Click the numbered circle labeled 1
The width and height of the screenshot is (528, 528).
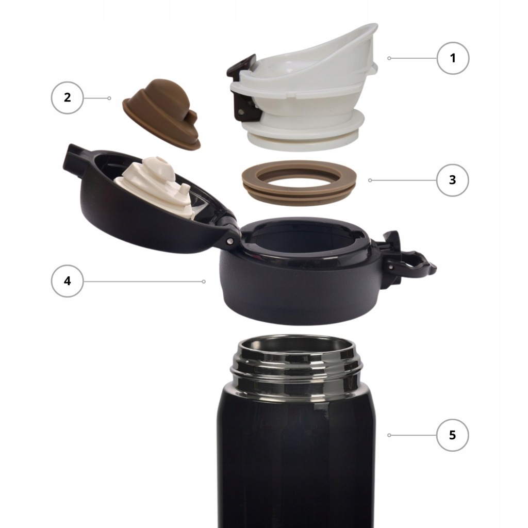[x=453, y=58]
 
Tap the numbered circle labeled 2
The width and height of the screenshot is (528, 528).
[x=68, y=97]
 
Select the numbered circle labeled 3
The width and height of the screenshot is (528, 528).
[x=452, y=180]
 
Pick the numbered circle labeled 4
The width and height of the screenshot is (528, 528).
[x=68, y=281]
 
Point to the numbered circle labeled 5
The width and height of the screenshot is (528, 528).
[x=452, y=435]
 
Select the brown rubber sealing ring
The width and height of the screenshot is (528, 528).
[x=300, y=183]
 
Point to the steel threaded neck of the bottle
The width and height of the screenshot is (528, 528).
[x=296, y=367]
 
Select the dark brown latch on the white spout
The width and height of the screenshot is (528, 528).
[x=244, y=89]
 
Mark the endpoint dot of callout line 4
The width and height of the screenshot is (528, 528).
[x=204, y=281]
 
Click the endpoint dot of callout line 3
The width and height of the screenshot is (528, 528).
[x=370, y=180]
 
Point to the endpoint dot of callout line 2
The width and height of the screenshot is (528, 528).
[x=109, y=98]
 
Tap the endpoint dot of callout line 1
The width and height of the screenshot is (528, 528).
[x=389, y=58]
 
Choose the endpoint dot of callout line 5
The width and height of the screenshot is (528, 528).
[x=389, y=435]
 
